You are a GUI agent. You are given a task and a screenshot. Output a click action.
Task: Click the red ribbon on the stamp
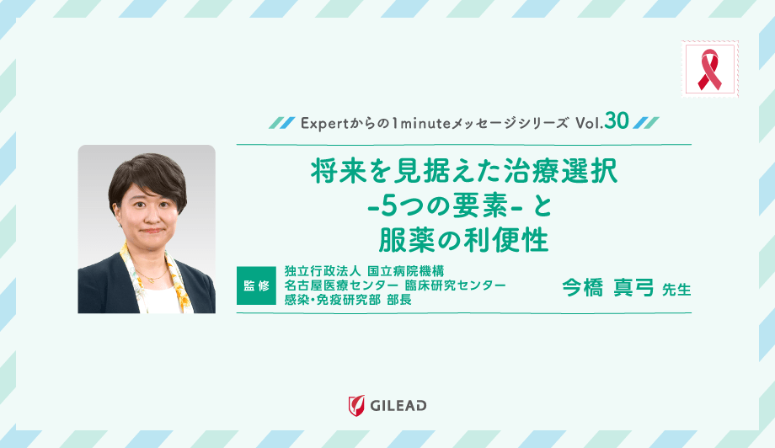710,69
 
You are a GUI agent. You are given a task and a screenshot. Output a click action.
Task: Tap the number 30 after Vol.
616,121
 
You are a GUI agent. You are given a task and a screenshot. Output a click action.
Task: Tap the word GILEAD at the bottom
398,406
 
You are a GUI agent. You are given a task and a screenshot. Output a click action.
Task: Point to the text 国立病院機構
406,271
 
